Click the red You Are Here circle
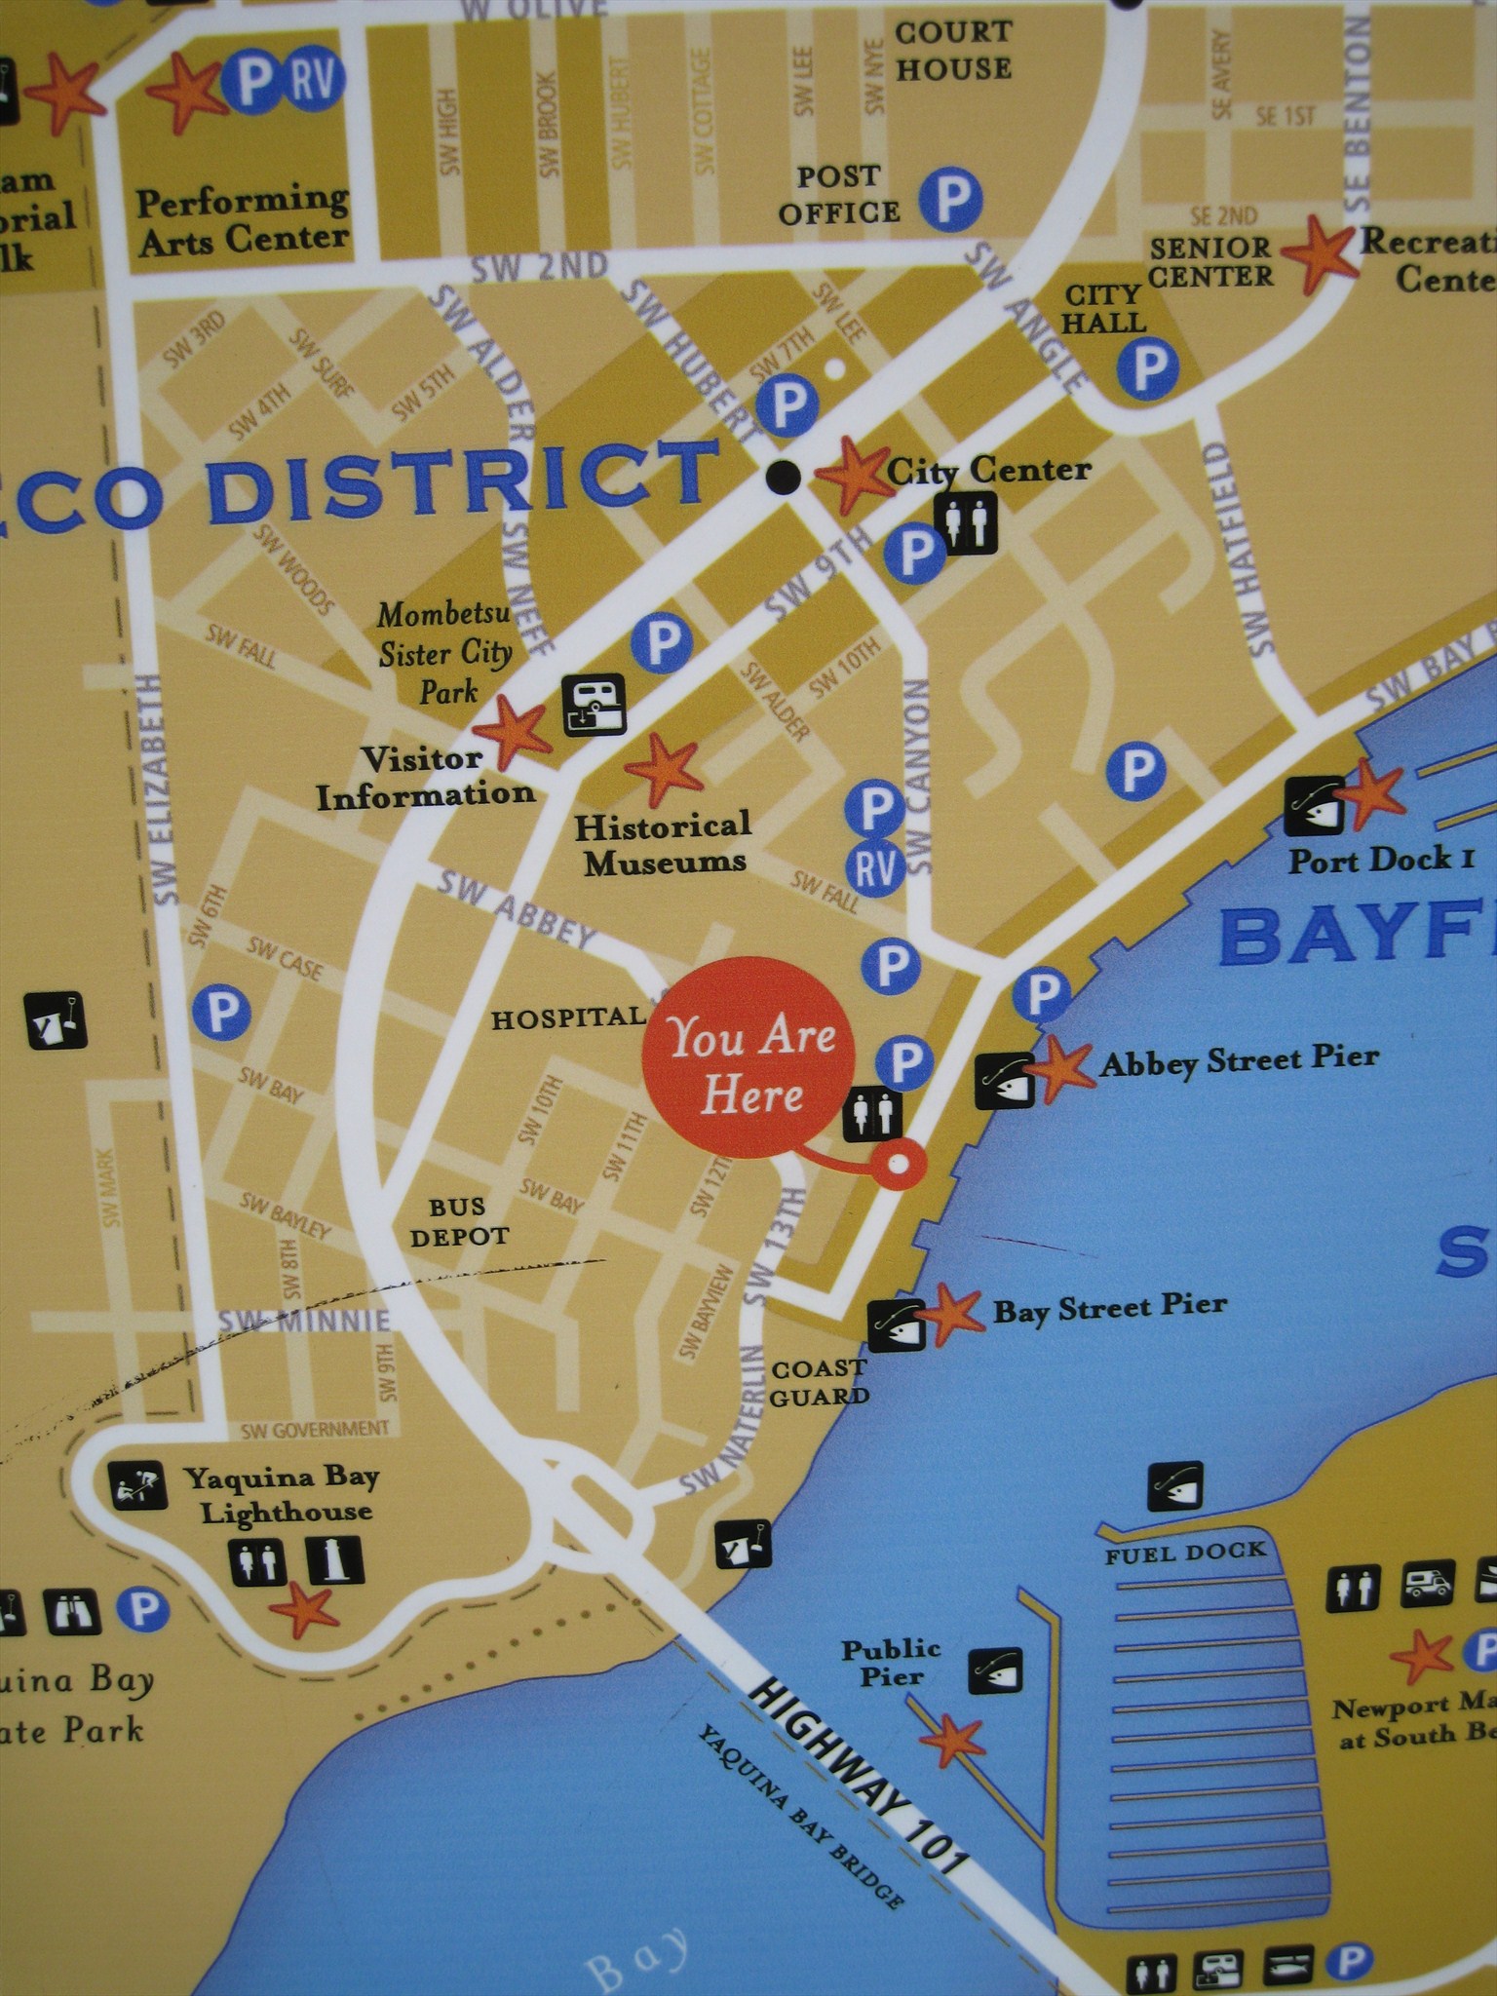tap(748, 1064)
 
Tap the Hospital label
tap(567, 1019)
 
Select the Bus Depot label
tap(459, 1222)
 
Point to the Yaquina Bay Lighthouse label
tap(283, 1495)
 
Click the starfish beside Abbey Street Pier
tap(1060, 1065)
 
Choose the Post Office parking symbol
tap(951, 199)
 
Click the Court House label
tap(953, 50)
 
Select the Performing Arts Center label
tap(243, 220)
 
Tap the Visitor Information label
tap(424, 777)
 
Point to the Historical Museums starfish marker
tap(664, 764)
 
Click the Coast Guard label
tap(819, 1382)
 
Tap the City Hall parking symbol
tap(1147, 367)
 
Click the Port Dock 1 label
tap(1380, 860)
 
